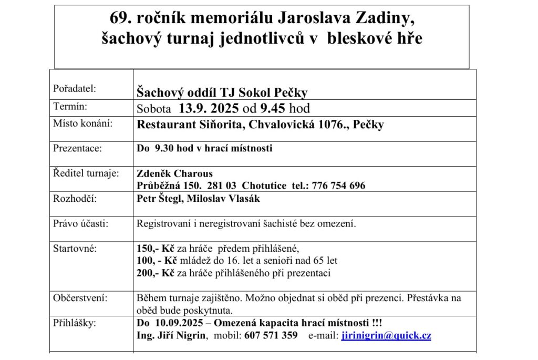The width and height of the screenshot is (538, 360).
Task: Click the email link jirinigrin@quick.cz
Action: [386, 336]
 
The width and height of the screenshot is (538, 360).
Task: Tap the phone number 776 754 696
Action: [338, 186]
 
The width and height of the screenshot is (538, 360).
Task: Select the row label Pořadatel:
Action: [75, 89]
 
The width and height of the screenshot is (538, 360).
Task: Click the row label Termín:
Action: [70, 107]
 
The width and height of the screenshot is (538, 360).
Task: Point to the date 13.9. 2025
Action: [208, 109]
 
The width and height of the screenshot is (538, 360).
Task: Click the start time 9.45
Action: [280, 109]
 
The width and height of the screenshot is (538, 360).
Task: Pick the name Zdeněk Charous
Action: [174, 174]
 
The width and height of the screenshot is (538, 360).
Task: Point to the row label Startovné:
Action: [75, 248]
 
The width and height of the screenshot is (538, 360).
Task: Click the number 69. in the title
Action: [121, 18]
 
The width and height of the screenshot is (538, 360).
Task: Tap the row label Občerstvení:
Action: [80, 298]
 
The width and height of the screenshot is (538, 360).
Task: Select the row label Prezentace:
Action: [77, 148]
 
